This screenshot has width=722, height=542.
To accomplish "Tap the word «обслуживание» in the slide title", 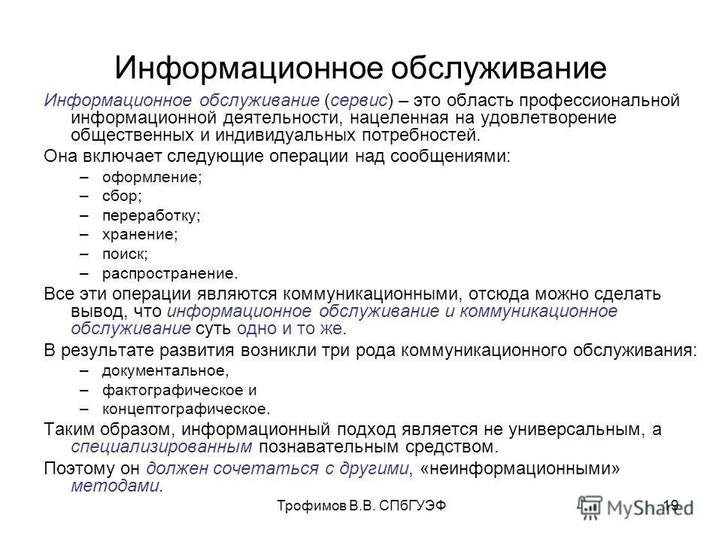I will pyautogui.click(x=499, y=67).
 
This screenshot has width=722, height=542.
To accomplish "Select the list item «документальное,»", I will pyautogui.click(x=165, y=370).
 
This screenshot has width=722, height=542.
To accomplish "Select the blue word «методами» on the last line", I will pyautogui.click(x=115, y=486).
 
